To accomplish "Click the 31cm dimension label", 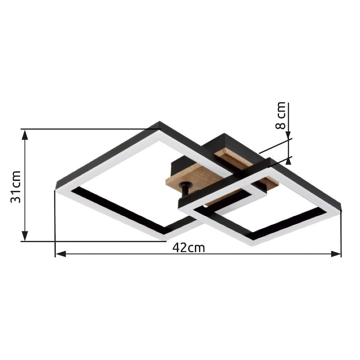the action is [x=16, y=187].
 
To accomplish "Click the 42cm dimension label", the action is [x=189, y=248].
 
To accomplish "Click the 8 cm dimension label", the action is [x=280, y=115].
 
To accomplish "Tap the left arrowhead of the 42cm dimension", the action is [x=61, y=254].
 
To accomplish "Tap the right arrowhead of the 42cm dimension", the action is [x=336, y=254].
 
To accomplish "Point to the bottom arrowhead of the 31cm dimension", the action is [x=25, y=236].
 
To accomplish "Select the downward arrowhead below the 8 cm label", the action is [x=288, y=135].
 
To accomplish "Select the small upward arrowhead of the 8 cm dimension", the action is [x=288, y=161].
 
